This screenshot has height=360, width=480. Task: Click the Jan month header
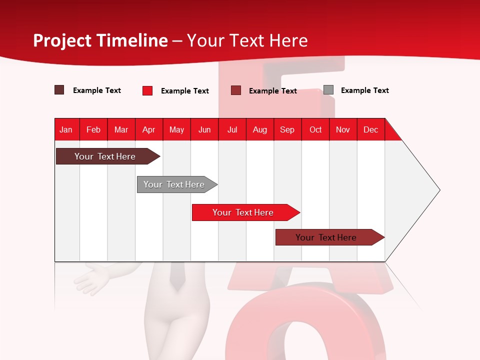click(x=66, y=129)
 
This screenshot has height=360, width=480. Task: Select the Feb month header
click(x=93, y=129)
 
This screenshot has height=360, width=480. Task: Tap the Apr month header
click(x=149, y=129)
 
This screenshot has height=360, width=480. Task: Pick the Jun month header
click(x=204, y=129)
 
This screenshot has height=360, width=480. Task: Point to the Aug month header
click(x=260, y=129)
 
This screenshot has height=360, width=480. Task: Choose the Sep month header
click(x=287, y=129)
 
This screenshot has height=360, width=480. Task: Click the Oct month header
click(x=315, y=129)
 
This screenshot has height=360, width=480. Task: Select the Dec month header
click(x=371, y=129)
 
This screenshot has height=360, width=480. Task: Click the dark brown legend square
click(x=59, y=90)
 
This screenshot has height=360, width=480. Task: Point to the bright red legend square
click(x=147, y=90)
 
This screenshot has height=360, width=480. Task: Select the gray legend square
click(x=328, y=90)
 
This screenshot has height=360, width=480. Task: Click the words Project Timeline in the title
click(x=100, y=40)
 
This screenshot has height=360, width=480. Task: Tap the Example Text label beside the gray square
click(x=364, y=90)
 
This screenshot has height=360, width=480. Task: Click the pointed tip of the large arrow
click(x=438, y=190)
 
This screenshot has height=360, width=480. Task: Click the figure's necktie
click(x=176, y=276)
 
